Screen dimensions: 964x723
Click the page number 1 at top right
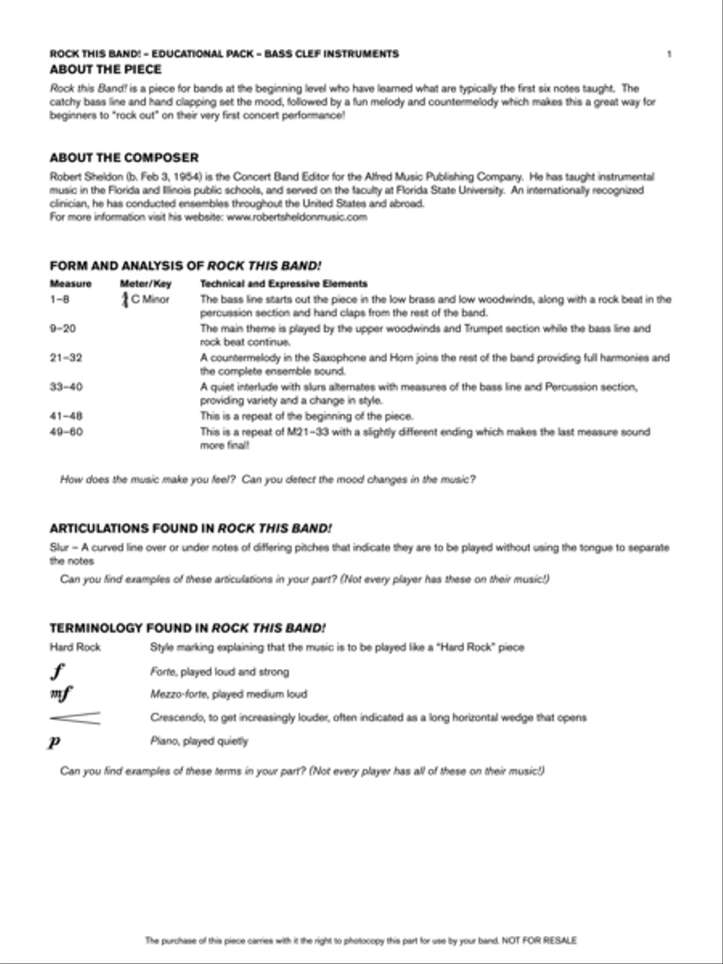[x=669, y=55]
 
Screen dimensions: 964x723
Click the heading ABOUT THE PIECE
[x=105, y=70]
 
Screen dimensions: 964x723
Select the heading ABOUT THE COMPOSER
[x=124, y=158]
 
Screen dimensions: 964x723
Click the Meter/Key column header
[x=145, y=284]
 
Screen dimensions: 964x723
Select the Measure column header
[x=71, y=284]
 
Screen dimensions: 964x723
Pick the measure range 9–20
[x=63, y=329]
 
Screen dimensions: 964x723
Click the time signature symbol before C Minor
[x=125, y=300]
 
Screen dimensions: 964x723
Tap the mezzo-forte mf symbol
[x=61, y=694]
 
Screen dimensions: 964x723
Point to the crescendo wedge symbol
[x=75, y=717]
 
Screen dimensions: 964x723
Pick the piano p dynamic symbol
[x=55, y=741]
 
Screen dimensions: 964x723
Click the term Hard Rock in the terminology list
[x=76, y=647]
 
